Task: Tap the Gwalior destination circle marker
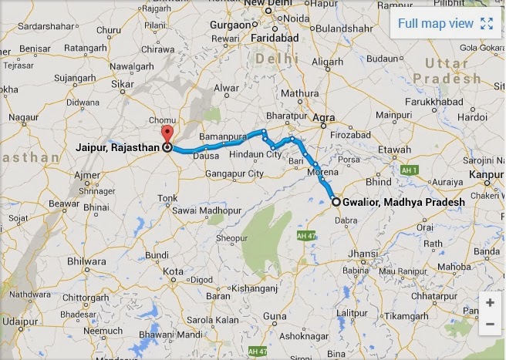pyautogui.click(x=336, y=202)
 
